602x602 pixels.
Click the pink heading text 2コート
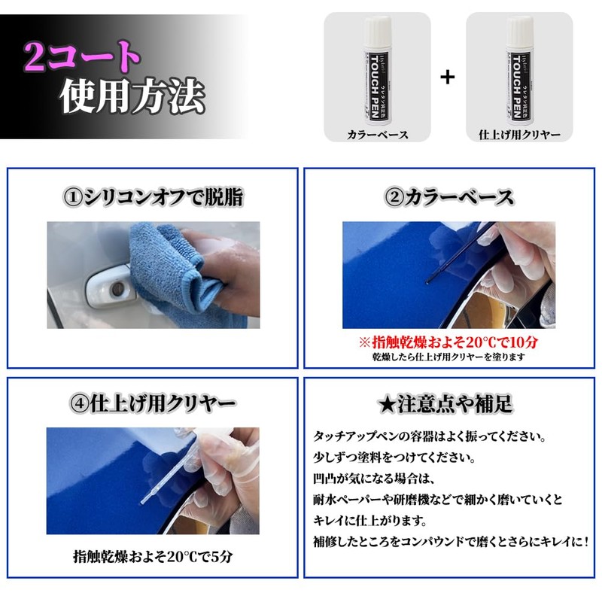pyautogui.click(x=81, y=56)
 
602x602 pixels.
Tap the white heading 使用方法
pyautogui.click(x=132, y=96)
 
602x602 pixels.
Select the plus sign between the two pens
pyautogui.click(x=448, y=77)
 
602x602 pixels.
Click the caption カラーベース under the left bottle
pyautogui.click(x=377, y=135)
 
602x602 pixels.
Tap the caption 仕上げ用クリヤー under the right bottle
pyautogui.click(x=519, y=135)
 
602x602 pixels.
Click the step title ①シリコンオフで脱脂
pyautogui.click(x=153, y=198)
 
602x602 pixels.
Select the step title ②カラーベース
pyautogui.click(x=449, y=198)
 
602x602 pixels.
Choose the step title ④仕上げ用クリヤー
pyautogui.click(x=153, y=404)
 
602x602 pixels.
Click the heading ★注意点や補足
pyautogui.click(x=449, y=404)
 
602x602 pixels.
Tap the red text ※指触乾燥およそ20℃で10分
pyautogui.click(x=449, y=342)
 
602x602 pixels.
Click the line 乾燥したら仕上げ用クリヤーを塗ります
pyautogui.click(x=449, y=357)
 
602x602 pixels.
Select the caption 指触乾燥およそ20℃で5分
pyautogui.click(x=153, y=557)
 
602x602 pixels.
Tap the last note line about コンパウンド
pyautogui.click(x=449, y=541)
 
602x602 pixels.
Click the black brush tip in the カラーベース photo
pyautogui.click(x=427, y=283)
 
